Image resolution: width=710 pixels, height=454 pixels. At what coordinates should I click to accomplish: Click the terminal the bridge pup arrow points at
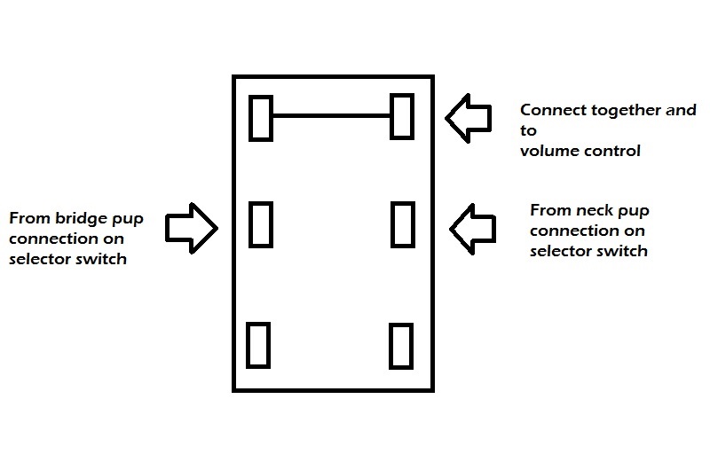[x=260, y=225]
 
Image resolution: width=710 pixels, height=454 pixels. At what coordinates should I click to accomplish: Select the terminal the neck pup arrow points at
[x=403, y=225]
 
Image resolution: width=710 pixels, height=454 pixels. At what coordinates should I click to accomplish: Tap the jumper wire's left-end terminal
[x=260, y=117]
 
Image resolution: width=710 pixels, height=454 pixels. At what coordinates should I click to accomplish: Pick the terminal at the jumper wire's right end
[x=402, y=116]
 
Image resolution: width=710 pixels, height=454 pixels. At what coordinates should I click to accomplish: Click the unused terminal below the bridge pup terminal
[x=258, y=345]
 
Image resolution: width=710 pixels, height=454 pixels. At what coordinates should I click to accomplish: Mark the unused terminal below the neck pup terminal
[x=401, y=345]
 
